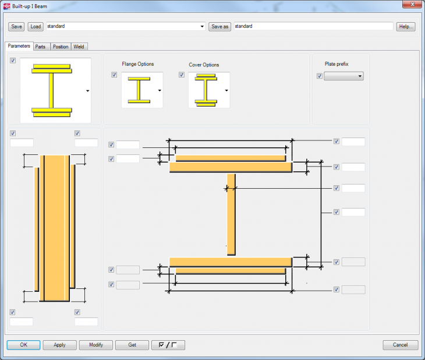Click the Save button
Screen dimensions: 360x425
click(16, 27)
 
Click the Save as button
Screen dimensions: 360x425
click(219, 27)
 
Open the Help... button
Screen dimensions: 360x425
click(406, 27)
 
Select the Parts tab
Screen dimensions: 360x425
click(40, 47)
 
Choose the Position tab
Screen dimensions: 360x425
click(60, 47)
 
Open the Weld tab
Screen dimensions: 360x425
click(79, 47)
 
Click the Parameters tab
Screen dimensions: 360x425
click(19, 46)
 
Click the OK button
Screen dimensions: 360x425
click(23, 345)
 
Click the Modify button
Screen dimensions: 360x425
click(96, 345)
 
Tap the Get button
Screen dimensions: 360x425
click(132, 345)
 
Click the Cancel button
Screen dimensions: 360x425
click(400, 345)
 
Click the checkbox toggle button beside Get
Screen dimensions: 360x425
click(168, 345)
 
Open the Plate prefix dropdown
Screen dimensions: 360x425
click(343, 76)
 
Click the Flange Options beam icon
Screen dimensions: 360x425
click(139, 90)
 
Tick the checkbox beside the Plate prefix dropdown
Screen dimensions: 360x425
click(319, 76)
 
